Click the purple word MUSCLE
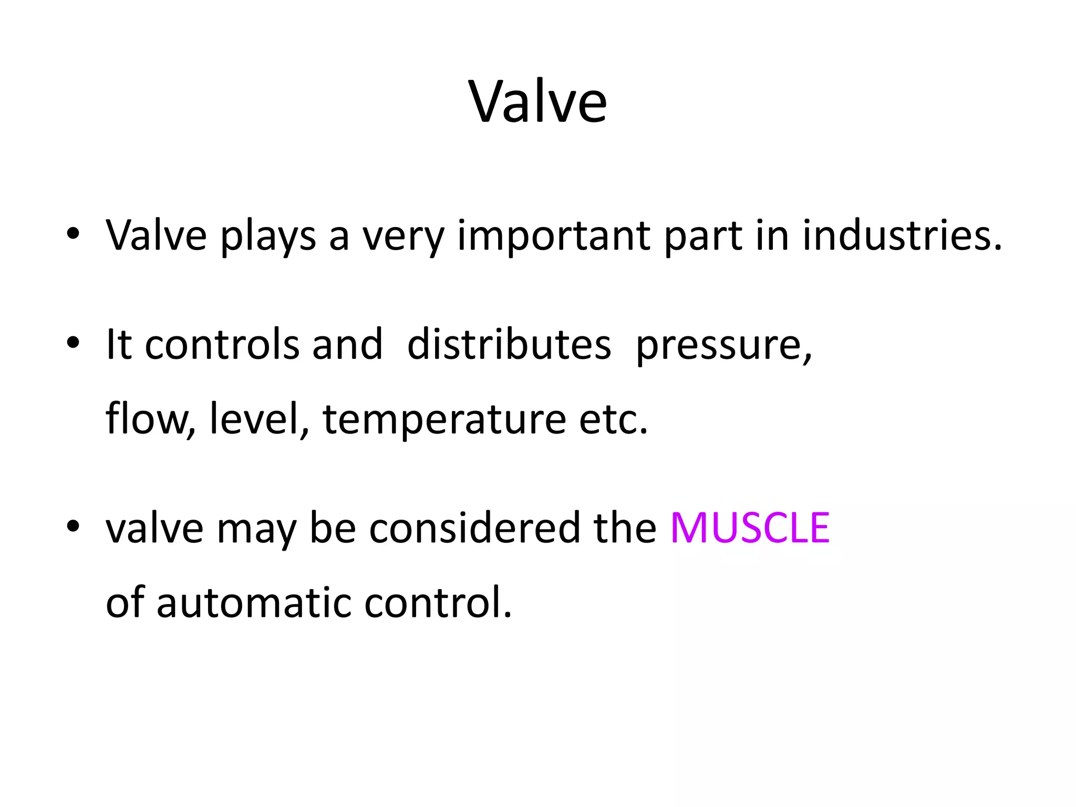tap(750, 527)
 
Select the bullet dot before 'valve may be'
tap(73, 526)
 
